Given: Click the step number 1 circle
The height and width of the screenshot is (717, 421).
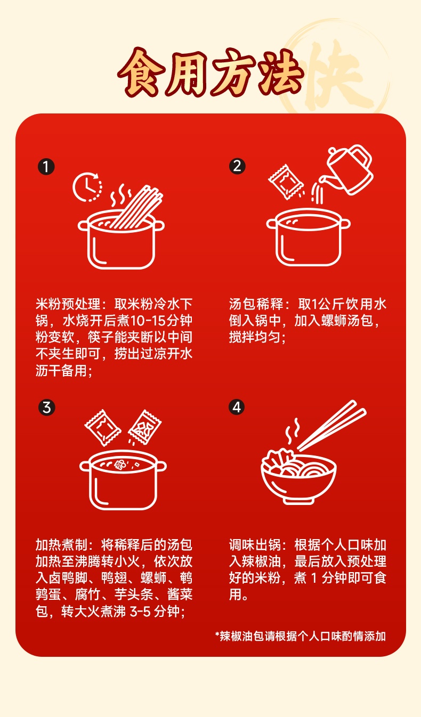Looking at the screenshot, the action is pyautogui.click(x=46, y=167).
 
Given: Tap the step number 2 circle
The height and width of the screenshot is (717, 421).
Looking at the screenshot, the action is pyautogui.click(x=237, y=166).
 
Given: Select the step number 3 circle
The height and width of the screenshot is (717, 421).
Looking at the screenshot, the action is pyautogui.click(x=47, y=408).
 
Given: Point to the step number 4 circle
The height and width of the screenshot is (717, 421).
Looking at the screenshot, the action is pyautogui.click(x=237, y=407).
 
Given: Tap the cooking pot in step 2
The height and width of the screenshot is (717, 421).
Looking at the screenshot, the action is pyautogui.click(x=308, y=237).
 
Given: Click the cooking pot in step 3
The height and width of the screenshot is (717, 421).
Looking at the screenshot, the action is pyautogui.click(x=123, y=480).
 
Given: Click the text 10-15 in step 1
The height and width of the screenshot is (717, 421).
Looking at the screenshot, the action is pyautogui.click(x=148, y=321).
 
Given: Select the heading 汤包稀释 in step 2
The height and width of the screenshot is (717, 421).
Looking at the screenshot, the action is pyautogui.click(x=256, y=304).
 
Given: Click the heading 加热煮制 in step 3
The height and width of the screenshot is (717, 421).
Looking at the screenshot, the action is pyautogui.click(x=62, y=544).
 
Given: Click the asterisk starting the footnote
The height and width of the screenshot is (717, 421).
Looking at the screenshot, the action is pyautogui.click(x=217, y=634).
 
